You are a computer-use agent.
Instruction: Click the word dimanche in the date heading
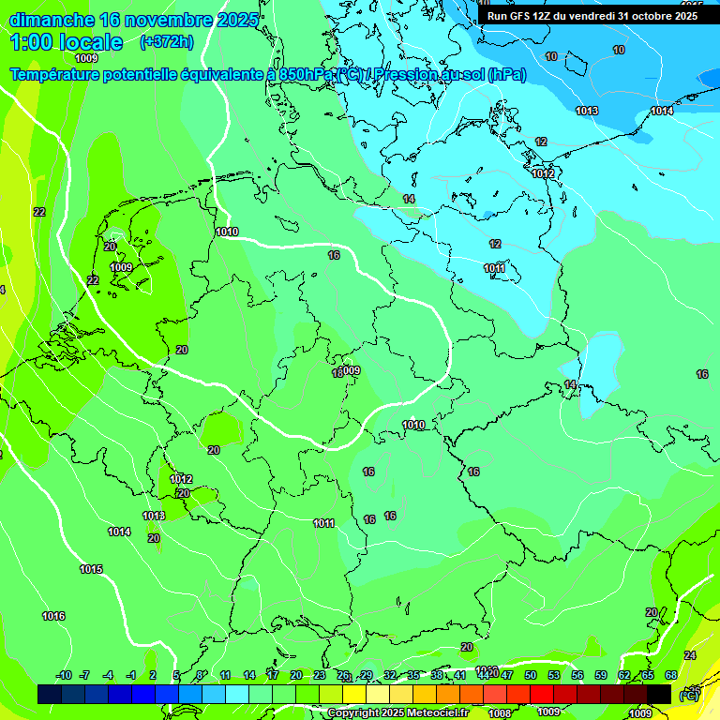pyautogui.click(x=52, y=20)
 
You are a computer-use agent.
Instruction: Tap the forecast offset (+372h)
pyautogui.click(x=166, y=41)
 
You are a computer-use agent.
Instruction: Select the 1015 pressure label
pyautogui.click(x=91, y=570)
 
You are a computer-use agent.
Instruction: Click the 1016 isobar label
pyautogui.click(x=53, y=616)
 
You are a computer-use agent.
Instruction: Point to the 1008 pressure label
pyautogui.click(x=501, y=713)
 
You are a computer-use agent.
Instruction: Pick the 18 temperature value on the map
pyautogui.click(x=338, y=373)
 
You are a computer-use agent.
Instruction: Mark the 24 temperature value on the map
pyautogui.click(x=690, y=655)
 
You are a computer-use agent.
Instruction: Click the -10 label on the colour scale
pyautogui.click(x=64, y=675)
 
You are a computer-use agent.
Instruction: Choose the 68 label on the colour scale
pyautogui.click(x=671, y=675)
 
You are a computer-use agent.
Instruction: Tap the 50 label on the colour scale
pyautogui.click(x=531, y=675)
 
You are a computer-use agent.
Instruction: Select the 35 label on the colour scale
pyautogui.click(x=413, y=675)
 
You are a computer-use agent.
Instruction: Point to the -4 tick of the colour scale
pyautogui.click(x=108, y=675)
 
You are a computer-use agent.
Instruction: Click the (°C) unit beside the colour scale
pyautogui.click(x=688, y=695)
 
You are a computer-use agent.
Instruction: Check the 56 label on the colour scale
pyautogui.click(x=577, y=675)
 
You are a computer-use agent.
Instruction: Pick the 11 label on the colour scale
pyautogui.click(x=226, y=675)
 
